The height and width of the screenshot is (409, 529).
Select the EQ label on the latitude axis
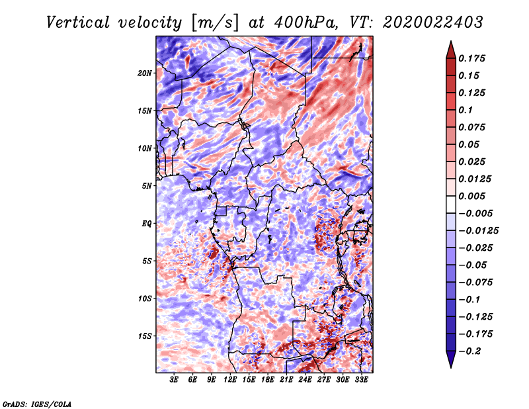[147, 224]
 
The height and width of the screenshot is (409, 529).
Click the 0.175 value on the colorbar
[473, 58]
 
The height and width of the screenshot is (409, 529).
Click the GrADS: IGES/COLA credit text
[37, 403]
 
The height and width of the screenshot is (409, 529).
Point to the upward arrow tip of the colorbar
[450, 44]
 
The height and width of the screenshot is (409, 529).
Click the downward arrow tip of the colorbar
[450, 365]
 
